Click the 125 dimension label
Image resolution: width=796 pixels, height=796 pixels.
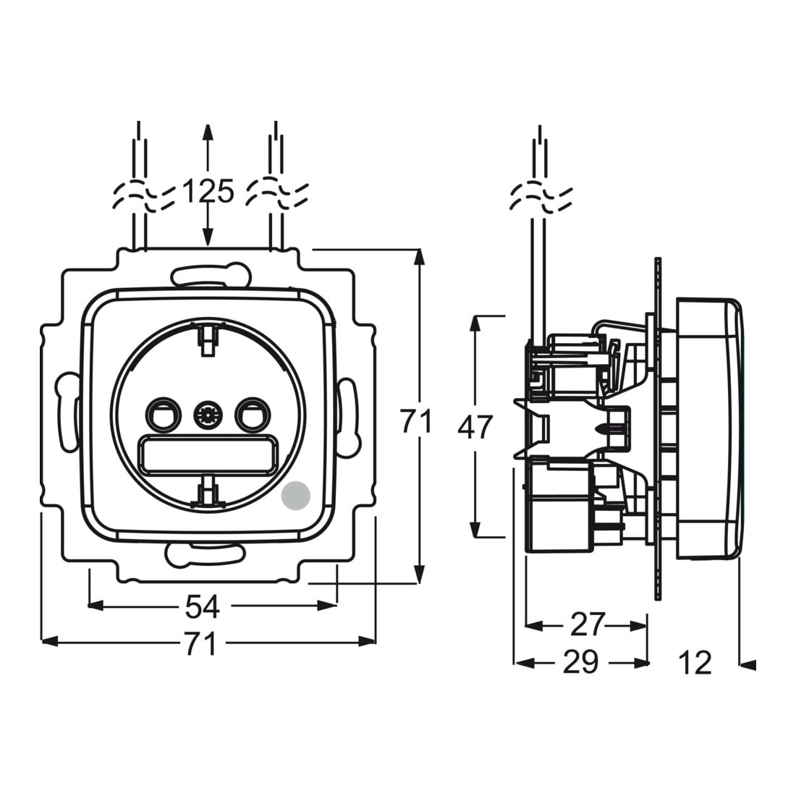pos(208,191)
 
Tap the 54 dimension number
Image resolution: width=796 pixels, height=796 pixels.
pos(202,606)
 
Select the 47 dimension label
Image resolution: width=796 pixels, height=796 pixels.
pos(475,427)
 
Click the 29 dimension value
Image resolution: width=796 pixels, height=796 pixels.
pos(581,662)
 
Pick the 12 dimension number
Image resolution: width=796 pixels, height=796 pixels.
pos(695,663)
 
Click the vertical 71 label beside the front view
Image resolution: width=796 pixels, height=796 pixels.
pos(416,421)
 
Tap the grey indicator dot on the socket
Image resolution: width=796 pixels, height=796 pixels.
pos(295,494)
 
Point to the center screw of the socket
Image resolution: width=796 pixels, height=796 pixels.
pos(208,416)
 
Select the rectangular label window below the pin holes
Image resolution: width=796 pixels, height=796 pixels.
pos(208,454)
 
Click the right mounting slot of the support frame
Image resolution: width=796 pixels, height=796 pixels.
pos(349,415)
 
